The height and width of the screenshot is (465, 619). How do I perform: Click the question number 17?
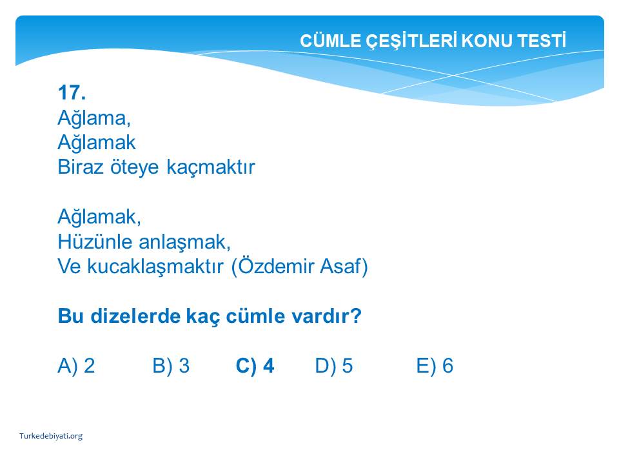coord(72,93)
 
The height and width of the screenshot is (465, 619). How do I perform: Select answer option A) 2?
coord(76,366)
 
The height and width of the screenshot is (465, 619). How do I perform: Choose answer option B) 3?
coord(171,366)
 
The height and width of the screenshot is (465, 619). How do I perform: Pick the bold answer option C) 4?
coord(255,366)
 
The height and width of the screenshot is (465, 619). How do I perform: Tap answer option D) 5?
coord(334,366)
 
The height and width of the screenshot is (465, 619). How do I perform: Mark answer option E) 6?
coord(435,366)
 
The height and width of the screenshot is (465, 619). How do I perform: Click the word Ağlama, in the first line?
coord(94,118)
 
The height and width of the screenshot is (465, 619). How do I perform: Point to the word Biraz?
coord(81,167)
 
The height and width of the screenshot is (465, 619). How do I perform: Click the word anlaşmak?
coord(185,242)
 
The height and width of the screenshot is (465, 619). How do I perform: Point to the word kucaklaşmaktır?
coord(155,267)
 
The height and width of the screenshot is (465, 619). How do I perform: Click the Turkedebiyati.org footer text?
coord(51,436)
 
